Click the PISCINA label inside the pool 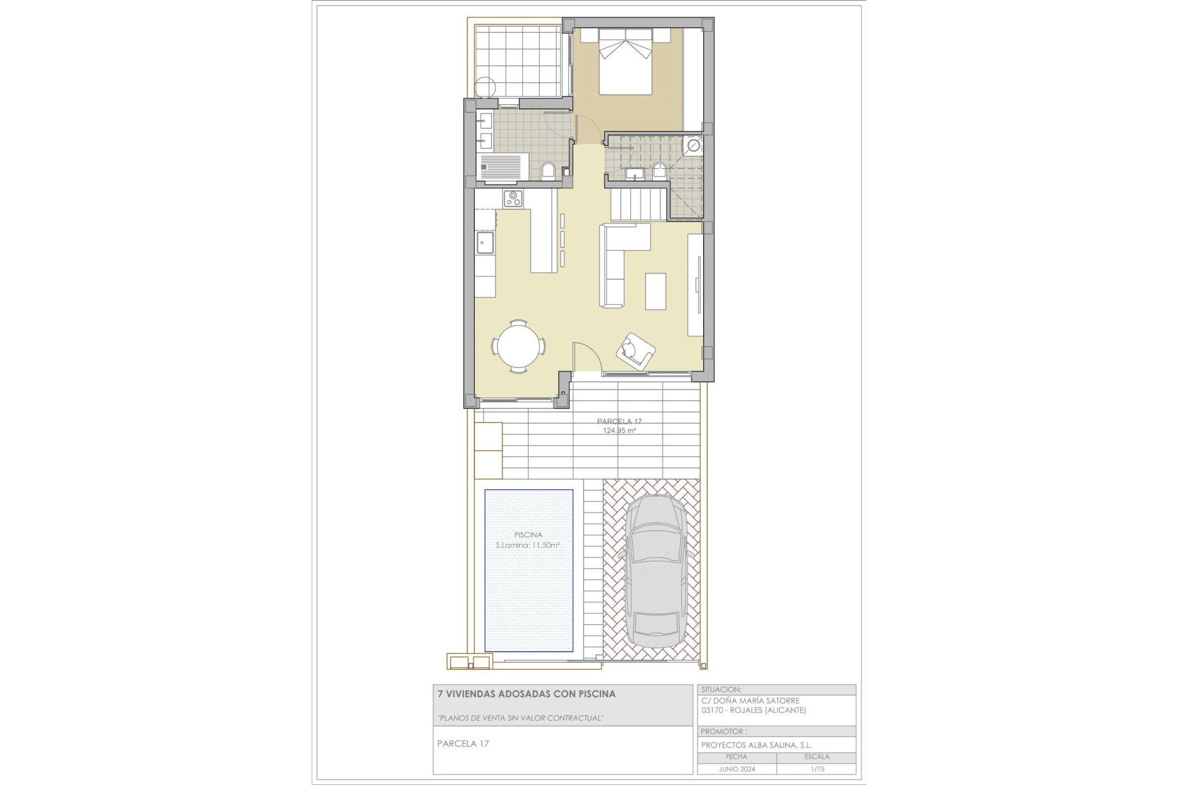528,535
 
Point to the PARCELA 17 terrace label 619,421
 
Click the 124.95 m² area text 619,431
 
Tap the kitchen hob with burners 513,199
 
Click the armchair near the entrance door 635,351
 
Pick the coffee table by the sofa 655,291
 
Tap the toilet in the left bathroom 549,170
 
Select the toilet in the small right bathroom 660,170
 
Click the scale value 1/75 817,769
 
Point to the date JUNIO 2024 736,769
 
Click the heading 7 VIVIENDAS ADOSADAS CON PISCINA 526,694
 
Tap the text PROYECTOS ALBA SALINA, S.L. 756,745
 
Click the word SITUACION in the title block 722,690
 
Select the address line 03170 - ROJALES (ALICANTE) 753,710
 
